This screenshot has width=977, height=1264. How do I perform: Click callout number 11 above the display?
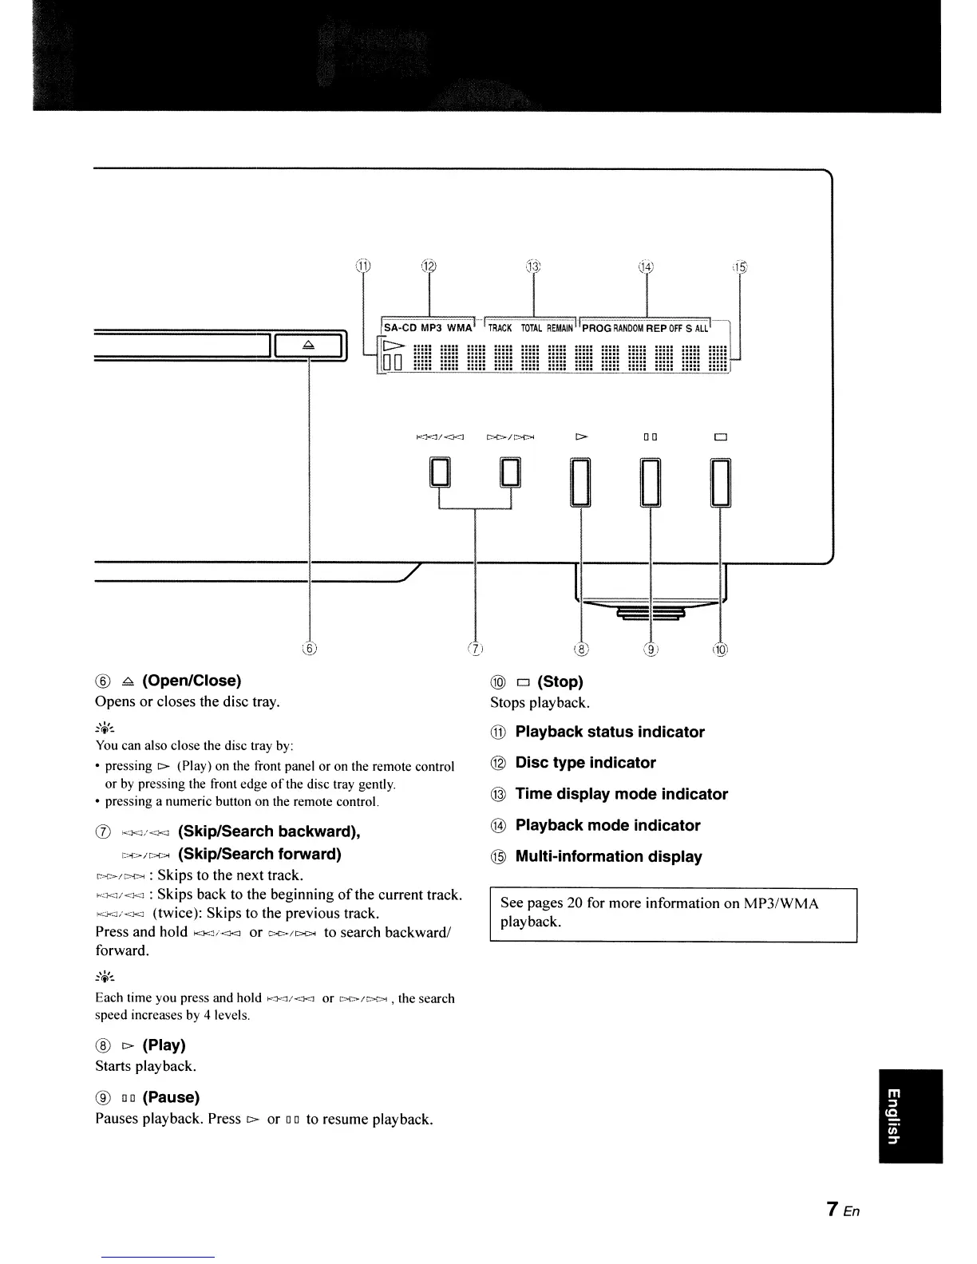[x=363, y=266]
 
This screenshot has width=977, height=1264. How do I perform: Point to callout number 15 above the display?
[x=740, y=266]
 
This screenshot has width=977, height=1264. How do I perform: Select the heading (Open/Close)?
[x=192, y=681]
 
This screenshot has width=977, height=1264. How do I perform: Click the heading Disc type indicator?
[x=585, y=763]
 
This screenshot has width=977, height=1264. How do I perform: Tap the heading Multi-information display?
[x=608, y=857]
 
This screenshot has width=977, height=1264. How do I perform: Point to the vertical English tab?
[x=910, y=1116]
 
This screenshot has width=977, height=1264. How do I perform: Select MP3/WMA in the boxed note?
[x=781, y=903]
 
